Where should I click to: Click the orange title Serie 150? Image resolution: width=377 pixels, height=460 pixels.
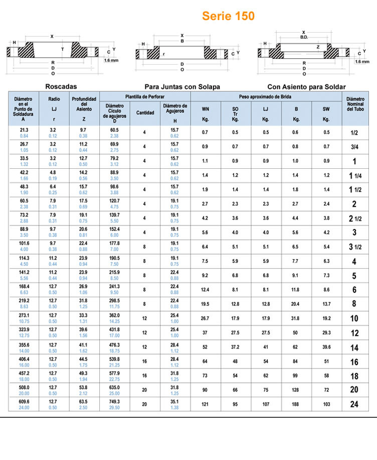(x=228, y=16)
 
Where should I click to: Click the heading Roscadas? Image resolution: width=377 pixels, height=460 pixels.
(x=61, y=86)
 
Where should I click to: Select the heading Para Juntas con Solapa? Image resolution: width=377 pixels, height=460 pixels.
(x=182, y=87)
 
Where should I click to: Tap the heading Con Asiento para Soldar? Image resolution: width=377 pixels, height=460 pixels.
(x=306, y=87)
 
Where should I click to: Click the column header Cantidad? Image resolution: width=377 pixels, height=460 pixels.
(x=145, y=112)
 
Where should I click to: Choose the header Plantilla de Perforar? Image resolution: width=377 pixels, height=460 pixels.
(x=145, y=96)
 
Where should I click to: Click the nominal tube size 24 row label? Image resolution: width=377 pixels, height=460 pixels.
(x=354, y=404)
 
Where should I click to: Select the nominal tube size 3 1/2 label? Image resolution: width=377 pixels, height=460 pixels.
(x=354, y=247)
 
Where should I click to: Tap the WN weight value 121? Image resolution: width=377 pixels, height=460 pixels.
(x=206, y=404)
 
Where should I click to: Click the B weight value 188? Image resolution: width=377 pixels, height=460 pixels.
(x=296, y=404)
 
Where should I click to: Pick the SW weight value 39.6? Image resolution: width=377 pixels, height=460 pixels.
(x=326, y=347)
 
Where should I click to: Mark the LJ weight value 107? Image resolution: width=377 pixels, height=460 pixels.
(x=266, y=404)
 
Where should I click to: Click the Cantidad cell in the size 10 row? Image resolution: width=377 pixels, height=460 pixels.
(x=144, y=318)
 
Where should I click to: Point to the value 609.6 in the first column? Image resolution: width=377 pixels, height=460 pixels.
(x=24, y=402)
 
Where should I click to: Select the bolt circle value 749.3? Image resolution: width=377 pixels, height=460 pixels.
(x=115, y=402)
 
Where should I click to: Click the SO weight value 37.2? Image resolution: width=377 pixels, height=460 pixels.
(x=235, y=347)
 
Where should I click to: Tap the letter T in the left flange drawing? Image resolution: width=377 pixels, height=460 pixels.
(x=62, y=49)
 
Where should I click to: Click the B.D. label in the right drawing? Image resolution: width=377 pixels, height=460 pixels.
(x=304, y=37)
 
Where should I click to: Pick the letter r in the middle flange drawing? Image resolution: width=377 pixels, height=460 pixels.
(x=164, y=53)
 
